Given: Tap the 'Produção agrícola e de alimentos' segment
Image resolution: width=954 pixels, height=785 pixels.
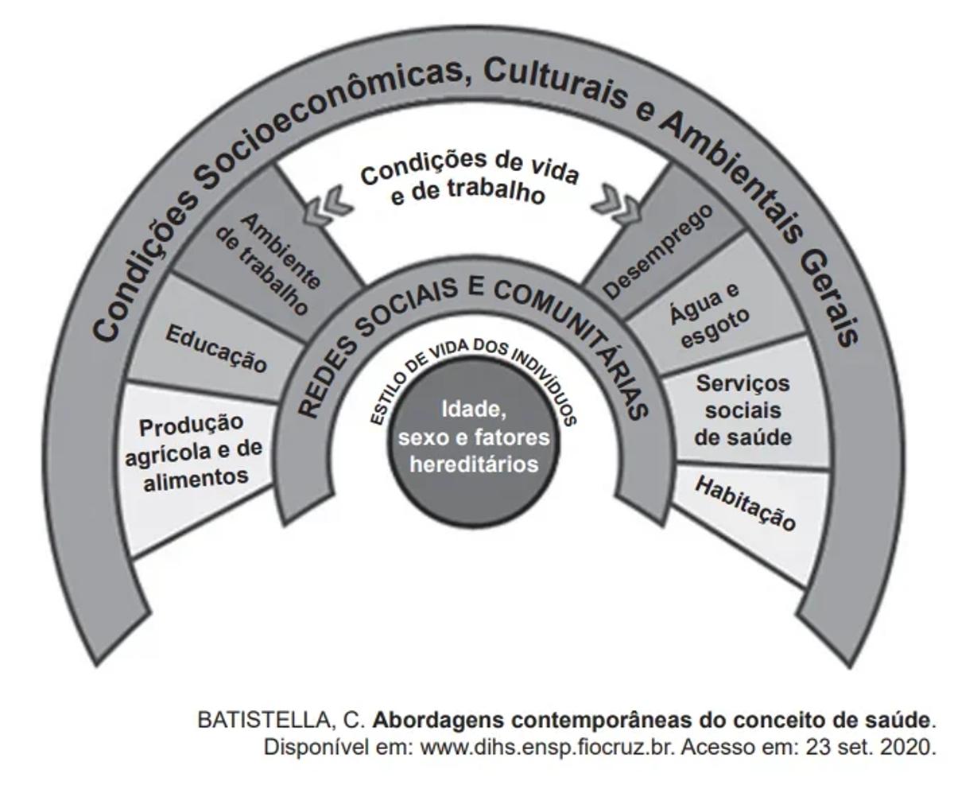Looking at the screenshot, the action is [x=193, y=452].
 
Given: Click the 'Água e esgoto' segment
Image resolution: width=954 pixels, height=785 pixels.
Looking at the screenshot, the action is [x=709, y=314].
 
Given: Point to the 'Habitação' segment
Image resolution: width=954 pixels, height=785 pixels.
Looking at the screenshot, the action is [x=745, y=503].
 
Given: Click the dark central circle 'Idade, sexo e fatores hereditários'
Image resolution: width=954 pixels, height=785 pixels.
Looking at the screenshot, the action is [x=474, y=437].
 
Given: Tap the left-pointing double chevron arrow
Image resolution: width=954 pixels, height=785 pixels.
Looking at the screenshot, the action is [x=328, y=204].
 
